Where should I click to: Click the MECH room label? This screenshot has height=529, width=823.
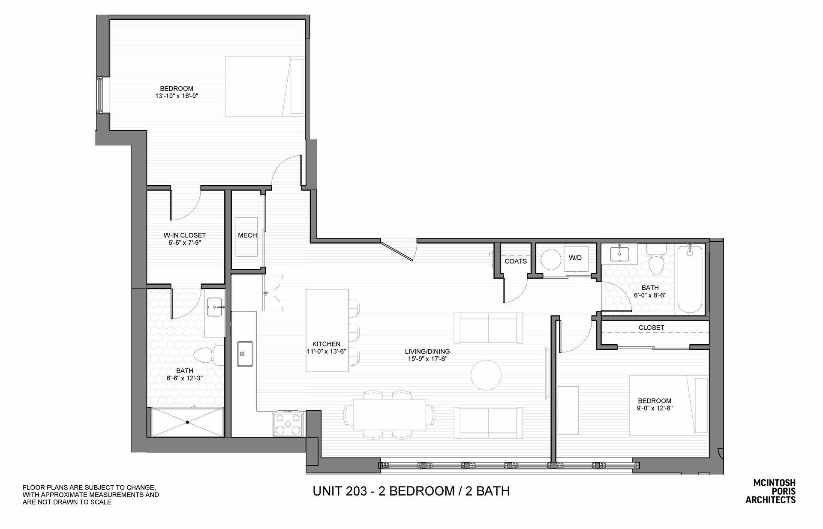(247, 235)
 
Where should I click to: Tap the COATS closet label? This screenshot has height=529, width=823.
(516, 261)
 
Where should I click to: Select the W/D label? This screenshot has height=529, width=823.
(575, 258)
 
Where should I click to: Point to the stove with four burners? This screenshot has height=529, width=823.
(288, 424)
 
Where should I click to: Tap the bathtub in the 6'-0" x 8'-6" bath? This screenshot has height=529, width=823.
(689, 280)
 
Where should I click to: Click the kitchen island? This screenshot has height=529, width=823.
(327, 331)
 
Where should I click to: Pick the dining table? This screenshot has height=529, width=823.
(389, 415)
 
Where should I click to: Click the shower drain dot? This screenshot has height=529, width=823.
(187, 422)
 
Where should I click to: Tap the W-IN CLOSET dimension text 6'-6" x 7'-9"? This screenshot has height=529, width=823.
(185, 243)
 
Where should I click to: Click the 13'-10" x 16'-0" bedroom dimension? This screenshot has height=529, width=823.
(177, 96)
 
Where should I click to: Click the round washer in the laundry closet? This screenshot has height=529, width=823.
(551, 260)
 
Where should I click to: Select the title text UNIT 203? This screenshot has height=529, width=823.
(340, 491)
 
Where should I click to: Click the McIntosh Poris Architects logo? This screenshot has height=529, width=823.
(771, 491)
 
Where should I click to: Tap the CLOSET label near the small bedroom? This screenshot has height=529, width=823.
(652, 328)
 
